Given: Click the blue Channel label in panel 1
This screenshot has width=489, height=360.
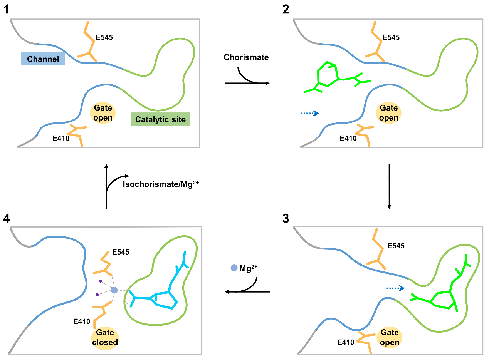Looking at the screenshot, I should pos(43,59).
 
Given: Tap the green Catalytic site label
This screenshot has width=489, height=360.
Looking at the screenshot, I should pos(160,119).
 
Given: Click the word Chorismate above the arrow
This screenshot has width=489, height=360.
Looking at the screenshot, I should pos(246,57).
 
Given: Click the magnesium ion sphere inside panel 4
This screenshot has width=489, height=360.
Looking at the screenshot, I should pos(114,290).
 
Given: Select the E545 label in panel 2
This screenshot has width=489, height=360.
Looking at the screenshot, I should pos(391,38).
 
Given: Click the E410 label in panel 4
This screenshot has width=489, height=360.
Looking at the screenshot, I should pos(82,321).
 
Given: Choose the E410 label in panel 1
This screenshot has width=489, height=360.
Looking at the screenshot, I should pos(61,137).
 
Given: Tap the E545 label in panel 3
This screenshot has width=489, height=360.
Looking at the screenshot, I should pos(396,246).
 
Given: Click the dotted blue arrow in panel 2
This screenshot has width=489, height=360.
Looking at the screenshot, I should pos(310,113).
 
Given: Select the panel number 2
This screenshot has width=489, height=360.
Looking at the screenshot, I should pos(286,10).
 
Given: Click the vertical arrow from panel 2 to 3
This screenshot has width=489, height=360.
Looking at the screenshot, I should pos(389,186).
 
